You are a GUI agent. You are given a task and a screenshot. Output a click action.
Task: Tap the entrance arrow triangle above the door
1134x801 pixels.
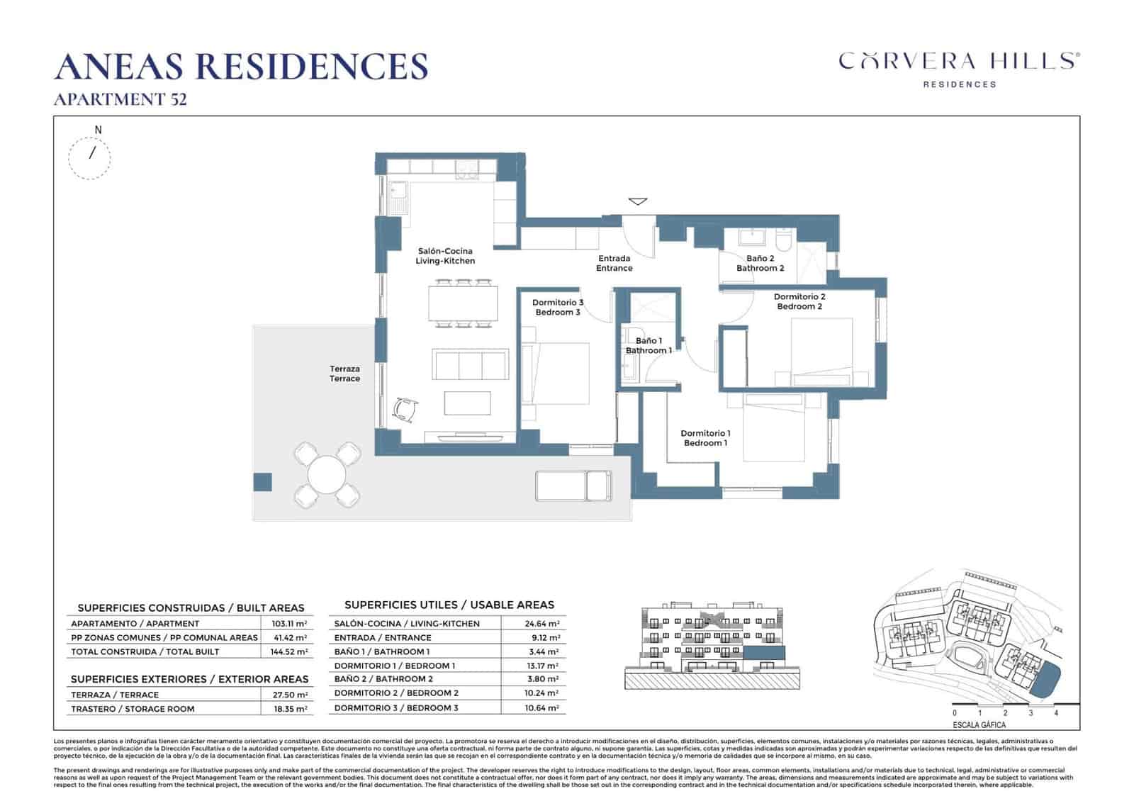(x=638, y=201)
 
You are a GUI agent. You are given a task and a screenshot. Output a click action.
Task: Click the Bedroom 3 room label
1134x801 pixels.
(x=558, y=308)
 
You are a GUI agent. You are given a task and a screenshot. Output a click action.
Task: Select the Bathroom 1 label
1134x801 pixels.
(x=649, y=346)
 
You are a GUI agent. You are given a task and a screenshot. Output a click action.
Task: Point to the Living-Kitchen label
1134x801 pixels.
(x=445, y=256)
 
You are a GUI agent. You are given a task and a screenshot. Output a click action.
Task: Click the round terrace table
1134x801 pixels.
(x=327, y=475)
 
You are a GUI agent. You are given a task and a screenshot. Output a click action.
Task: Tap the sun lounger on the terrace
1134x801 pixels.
(x=573, y=486)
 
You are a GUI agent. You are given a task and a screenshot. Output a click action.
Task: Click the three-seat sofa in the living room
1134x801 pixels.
(x=471, y=365)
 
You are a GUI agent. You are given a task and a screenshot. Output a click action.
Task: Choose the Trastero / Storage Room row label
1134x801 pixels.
(x=132, y=709)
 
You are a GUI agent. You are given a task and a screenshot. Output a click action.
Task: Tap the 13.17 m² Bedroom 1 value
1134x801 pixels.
(x=544, y=666)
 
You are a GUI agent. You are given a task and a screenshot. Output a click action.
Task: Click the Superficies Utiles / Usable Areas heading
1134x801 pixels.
(x=449, y=605)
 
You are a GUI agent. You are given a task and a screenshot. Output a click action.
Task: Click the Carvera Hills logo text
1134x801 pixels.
(x=959, y=61)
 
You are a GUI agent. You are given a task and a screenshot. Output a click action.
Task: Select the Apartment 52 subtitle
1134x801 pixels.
(x=120, y=99)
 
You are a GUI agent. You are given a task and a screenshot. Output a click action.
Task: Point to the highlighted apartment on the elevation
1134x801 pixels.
(x=763, y=654)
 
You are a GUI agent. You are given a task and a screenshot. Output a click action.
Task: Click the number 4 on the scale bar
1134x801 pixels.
(x=1056, y=713)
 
